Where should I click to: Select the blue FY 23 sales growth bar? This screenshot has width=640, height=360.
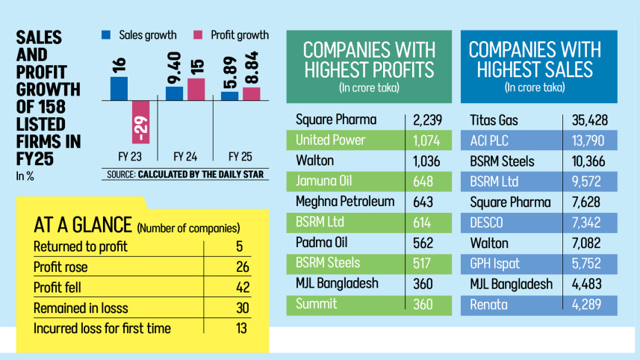point(119,87)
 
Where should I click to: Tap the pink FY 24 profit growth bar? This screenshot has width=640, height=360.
point(196,89)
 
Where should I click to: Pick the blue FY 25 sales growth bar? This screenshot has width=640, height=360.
point(230,95)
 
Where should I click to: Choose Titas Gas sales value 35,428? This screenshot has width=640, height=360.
point(589,120)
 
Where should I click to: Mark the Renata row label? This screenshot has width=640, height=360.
point(489,304)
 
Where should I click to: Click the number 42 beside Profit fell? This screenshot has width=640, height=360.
point(240,288)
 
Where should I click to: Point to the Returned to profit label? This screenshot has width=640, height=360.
point(81,246)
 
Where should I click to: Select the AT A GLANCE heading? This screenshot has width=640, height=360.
point(83,226)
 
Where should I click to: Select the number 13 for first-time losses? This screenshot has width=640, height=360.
point(240,329)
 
